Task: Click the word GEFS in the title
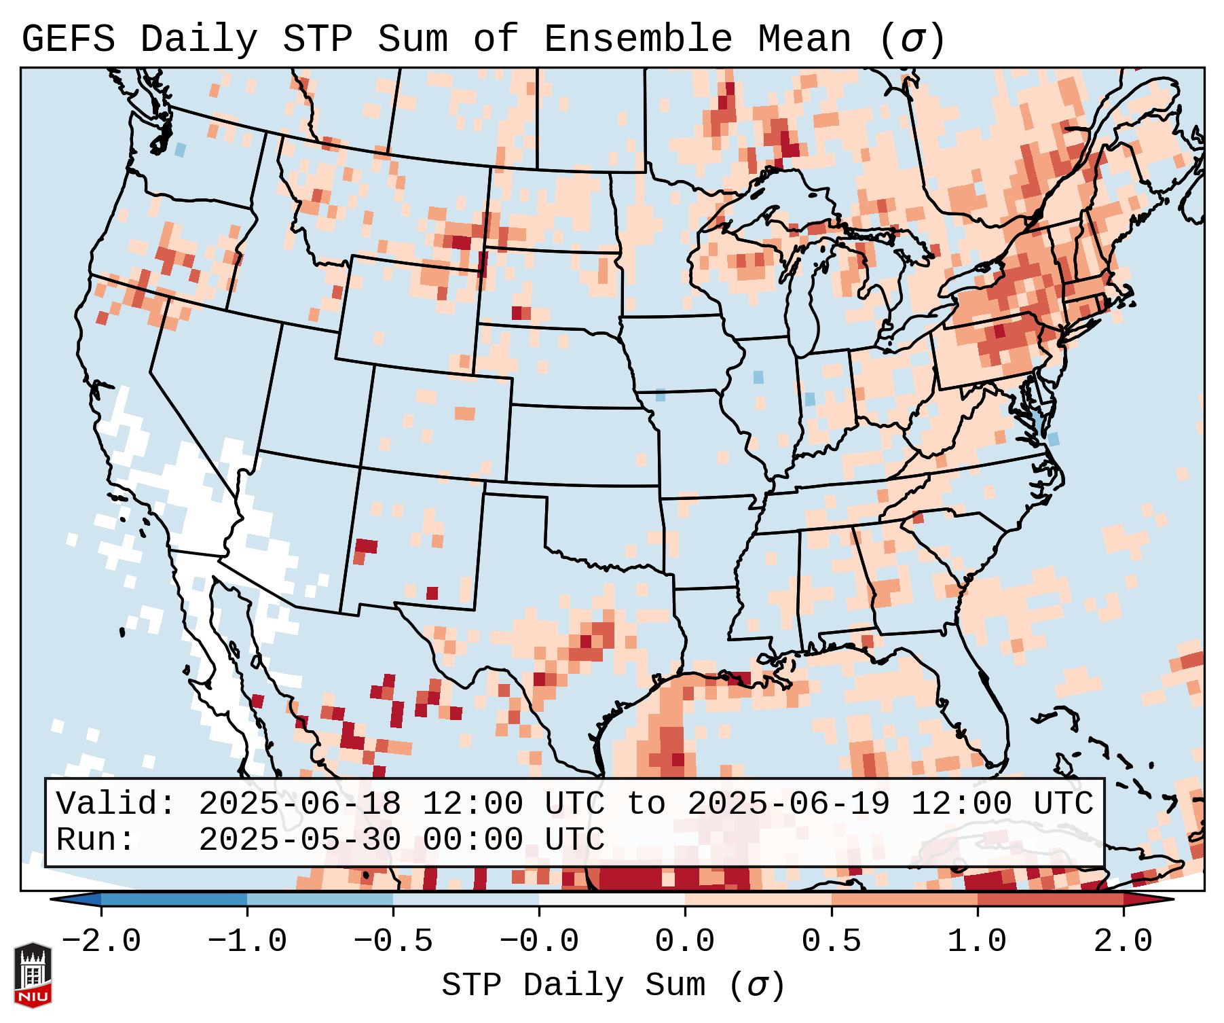[68, 39]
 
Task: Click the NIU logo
[33, 975]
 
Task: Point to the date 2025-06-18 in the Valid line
[299, 804]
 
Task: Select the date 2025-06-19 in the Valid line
[788, 804]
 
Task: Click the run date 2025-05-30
[299, 840]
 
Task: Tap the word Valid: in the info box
[116, 804]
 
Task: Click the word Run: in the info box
[96, 840]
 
